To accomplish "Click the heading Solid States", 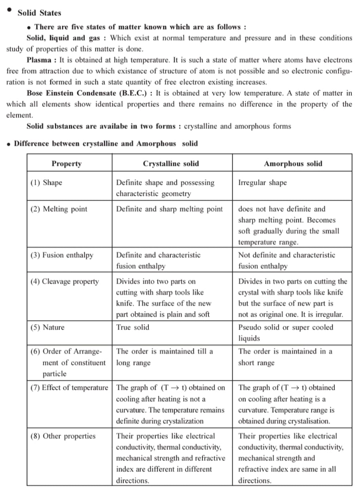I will click(x=40, y=13).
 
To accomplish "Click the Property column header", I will click(x=66, y=163).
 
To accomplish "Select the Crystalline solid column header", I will click(x=171, y=163).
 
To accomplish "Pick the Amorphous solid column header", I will click(x=293, y=163).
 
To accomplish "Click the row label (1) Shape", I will click(x=46, y=183).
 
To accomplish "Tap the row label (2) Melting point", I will click(x=59, y=209).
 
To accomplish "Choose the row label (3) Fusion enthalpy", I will click(x=62, y=255).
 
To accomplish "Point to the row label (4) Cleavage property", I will click(x=65, y=282).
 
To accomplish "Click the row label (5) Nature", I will click(x=47, y=328).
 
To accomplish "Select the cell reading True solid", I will click(x=133, y=328).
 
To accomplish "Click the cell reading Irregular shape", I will click(x=262, y=183).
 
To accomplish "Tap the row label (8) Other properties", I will click(x=63, y=436).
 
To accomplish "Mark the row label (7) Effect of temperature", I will click(x=69, y=388).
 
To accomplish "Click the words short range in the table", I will click(x=256, y=363).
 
